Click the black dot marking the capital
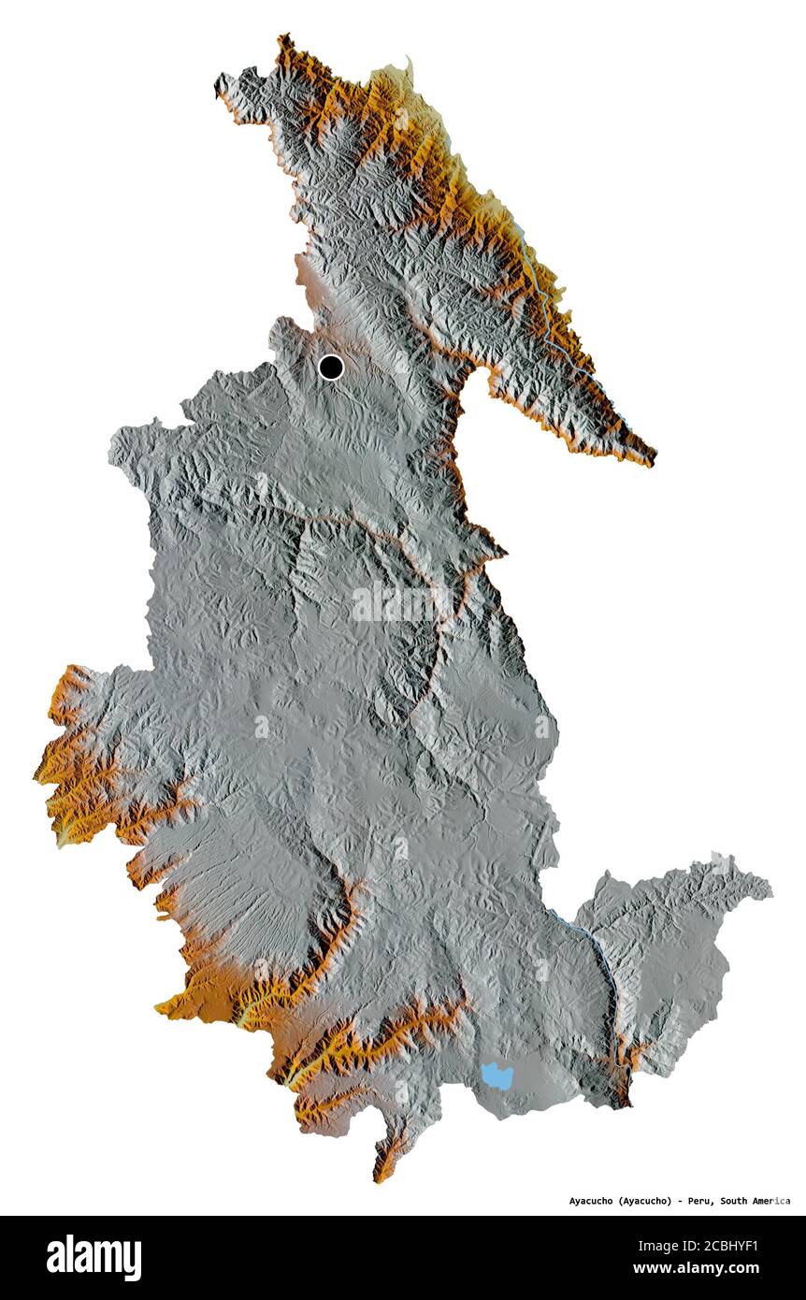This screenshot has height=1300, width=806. (330, 367)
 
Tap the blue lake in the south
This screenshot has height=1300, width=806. (497, 1076)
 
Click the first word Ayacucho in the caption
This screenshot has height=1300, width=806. (592, 1201)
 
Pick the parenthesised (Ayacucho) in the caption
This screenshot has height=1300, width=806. (645, 1201)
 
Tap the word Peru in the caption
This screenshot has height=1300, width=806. (699, 1201)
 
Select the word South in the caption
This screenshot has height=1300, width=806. (736, 1201)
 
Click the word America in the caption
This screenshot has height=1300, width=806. (772, 1201)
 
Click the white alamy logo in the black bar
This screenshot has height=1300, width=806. (94, 1258)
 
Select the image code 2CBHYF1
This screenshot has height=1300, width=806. (728, 1246)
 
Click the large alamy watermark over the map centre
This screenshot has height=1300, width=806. (402, 603)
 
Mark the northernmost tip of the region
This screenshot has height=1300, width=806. (281, 36)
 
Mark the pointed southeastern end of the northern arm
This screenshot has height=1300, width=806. (654, 460)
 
